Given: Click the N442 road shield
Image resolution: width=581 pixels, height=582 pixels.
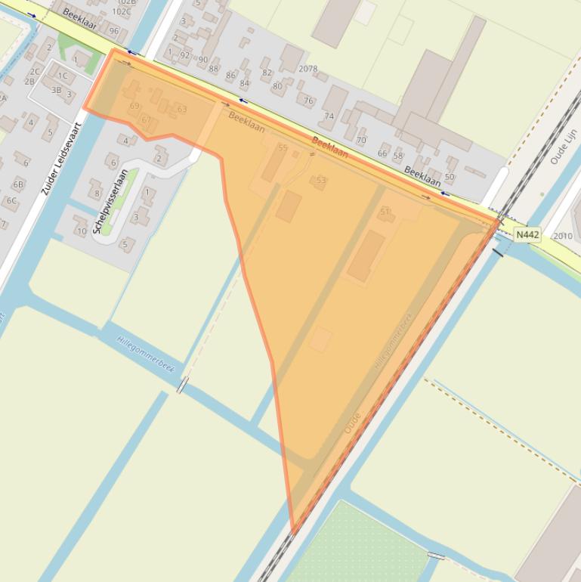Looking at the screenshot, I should pyautogui.click(x=527, y=235).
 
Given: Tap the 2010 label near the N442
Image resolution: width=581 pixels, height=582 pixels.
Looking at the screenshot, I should pyautogui.click(x=563, y=236).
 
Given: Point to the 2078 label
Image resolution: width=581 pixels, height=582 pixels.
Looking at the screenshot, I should pyautogui.click(x=308, y=69).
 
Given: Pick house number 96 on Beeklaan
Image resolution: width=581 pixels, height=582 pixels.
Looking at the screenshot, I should pyautogui.click(x=114, y=31).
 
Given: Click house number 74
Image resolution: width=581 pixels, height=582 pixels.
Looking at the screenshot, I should pyautogui.click(x=329, y=116).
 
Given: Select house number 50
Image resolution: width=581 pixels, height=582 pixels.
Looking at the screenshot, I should pyautogui.click(x=450, y=178).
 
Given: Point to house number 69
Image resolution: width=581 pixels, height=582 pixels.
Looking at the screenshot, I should pyautogui.click(x=134, y=107).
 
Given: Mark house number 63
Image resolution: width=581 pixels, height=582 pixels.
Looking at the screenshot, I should pyautogui.click(x=182, y=110).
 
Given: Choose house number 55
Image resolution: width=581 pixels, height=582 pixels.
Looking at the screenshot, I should pyautogui.click(x=283, y=148).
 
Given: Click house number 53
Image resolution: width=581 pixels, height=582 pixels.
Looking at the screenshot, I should pyautogui.click(x=321, y=181).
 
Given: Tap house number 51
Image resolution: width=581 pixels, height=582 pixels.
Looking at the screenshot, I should pyautogui.click(x=385, y=212).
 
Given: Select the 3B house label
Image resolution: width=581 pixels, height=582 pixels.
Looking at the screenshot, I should pyautogui.click(x=57, y=90).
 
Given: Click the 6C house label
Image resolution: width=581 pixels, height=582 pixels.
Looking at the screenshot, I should pyautogui.click(x=12, y=201).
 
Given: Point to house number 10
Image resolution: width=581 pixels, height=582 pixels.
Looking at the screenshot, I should pyautogui.click(x=82, y=231).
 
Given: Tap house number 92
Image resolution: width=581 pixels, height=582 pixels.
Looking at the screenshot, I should pyautogui.click(x=185, y=55).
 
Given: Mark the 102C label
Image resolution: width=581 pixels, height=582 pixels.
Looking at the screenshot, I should pyautogui.click(x=121, y=11).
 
